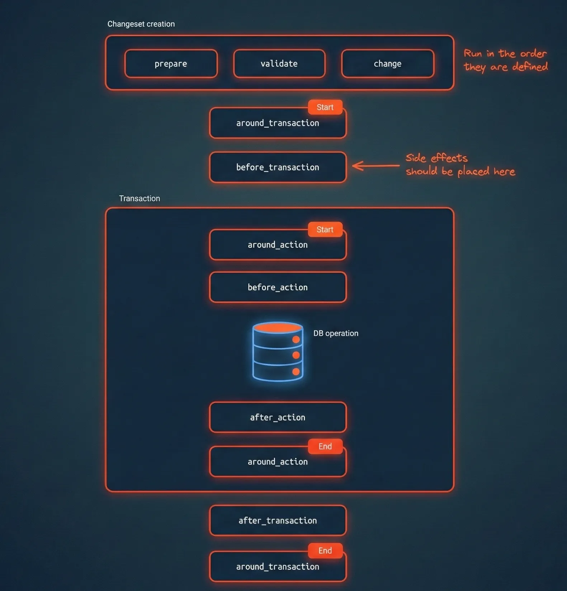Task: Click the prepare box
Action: tap(171, 64)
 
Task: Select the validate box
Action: tap(279, 64)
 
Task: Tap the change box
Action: tap(387, 64)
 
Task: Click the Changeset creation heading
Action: tap(141, 24)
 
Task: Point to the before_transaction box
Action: tap(278, 167)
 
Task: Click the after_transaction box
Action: tap(278, 521)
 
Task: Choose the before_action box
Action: tap(278, 287)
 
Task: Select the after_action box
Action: tap(278, 417)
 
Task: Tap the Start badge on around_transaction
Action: tap(325, 107)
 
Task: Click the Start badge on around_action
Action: tap(325, 230)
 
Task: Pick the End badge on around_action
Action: tap(325, 446)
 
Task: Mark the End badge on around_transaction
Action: tap(325, 550)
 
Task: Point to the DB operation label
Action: tap(336, 333)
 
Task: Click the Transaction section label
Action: tap(140, 198)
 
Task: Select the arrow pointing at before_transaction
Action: tap(375, 166)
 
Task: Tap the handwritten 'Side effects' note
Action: tap(460, 165)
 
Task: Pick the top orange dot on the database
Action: tap(296, 339)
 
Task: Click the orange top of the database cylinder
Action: tap(278, 327)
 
